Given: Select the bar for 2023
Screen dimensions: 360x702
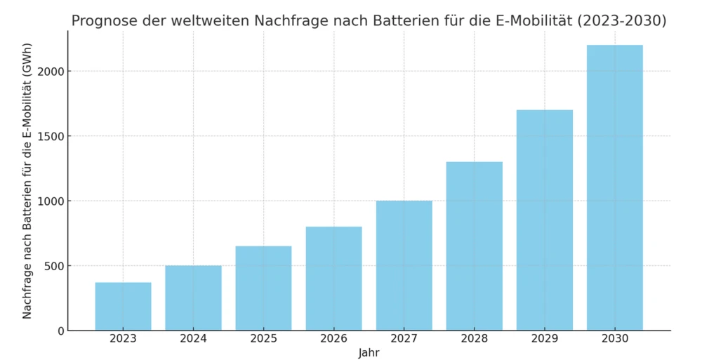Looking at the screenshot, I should coord(123,306).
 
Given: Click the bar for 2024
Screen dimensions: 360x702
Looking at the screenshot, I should coord(193,298).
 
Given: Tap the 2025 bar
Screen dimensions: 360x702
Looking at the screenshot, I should coord(263,288).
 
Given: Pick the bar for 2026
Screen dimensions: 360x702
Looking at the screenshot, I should coord(333,278).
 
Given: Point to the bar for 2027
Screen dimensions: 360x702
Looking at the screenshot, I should coord(404,265).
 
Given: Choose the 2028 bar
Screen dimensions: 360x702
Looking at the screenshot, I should coord(474,246).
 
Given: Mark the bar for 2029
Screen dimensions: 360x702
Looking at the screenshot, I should coord(544,220).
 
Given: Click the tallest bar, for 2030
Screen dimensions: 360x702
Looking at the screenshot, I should coord(614,187).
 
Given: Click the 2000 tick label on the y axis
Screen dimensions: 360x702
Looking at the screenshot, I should coord(51,72).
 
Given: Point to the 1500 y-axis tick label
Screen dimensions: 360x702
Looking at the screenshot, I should coord(51,136).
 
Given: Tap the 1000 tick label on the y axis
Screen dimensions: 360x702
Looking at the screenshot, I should coord(51,201).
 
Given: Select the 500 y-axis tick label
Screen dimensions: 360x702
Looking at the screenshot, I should coord(54,266).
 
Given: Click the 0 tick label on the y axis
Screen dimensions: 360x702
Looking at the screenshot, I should coord(60,331).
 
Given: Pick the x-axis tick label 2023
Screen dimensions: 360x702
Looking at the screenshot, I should coord(123,339).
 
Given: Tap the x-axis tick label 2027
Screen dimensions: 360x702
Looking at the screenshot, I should coord(404,339).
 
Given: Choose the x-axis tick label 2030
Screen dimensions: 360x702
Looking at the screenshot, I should coord(614,339).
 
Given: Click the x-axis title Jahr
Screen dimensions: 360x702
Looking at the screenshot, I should coord(369,352).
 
